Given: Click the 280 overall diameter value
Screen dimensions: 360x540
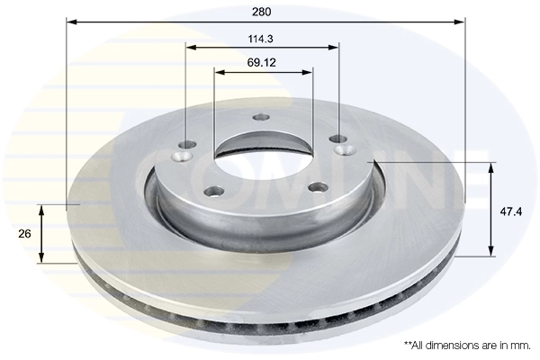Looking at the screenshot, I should [x=262, y=12].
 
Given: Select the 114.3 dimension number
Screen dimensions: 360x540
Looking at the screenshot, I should [x=262, y=38].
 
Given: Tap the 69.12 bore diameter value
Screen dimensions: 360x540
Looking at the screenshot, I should [x=262, y=62].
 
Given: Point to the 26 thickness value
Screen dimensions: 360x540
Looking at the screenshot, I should [x=25, y=233].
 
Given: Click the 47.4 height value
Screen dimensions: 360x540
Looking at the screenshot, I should [x=511, y=211].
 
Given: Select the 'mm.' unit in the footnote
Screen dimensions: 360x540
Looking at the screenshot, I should [x=519, y=345].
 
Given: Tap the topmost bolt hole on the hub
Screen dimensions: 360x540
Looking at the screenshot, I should [x=262, y=117].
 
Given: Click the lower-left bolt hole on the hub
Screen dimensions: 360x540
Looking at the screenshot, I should [x=214, y=190].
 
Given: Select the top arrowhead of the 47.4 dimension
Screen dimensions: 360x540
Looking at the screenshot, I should [x=491, y=167].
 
